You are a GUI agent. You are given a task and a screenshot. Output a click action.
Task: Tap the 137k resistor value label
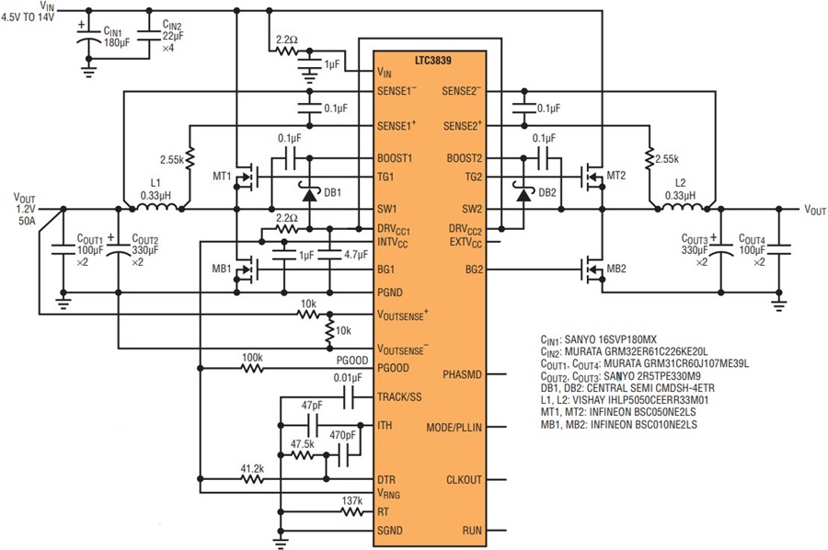(352, 500)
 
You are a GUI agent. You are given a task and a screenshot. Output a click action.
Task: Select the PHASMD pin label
(462, 374)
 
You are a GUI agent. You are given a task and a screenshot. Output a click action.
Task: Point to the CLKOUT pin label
(465, 480)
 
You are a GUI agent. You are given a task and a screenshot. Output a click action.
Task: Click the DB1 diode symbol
(309, 194)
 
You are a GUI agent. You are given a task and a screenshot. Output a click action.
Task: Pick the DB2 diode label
(547, 192)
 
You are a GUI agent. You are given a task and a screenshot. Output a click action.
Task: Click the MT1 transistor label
(222, 176)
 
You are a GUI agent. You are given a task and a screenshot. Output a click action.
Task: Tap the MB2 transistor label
(616, 269)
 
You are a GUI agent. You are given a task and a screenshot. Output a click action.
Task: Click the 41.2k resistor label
(252, 468)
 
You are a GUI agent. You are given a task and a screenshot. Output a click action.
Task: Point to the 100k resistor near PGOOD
(252, 368)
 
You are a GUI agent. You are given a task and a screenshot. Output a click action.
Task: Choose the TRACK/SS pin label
(400, 397)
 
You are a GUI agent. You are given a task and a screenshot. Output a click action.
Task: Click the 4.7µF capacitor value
(356, 255)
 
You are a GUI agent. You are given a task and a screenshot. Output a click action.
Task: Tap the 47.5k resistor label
(302, 444)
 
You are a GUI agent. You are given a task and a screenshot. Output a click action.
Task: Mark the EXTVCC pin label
(466, 243)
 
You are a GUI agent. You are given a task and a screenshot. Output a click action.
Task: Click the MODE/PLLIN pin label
(454, 427)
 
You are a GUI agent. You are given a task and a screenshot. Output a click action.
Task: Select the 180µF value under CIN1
(117, 42)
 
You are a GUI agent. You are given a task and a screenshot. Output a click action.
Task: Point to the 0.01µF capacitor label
(348, 378)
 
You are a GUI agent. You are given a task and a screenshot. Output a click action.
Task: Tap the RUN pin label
(472, 531)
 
